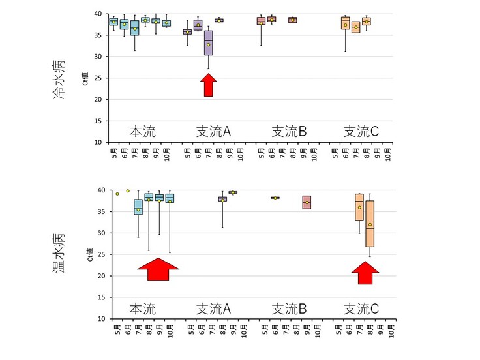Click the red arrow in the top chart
click(x=208, y=85)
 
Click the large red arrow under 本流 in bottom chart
click(x=158, y=269)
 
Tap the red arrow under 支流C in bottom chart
click(x=365, y=272)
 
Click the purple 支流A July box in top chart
click(x=209, y=43)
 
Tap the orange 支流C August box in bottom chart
click(x=370, y=224)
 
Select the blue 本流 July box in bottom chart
click(x=138, y=207)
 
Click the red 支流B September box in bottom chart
click(x=307, y=202)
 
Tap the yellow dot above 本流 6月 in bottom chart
click(x=128, y=191)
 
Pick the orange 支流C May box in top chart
click(x=346, y=23)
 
